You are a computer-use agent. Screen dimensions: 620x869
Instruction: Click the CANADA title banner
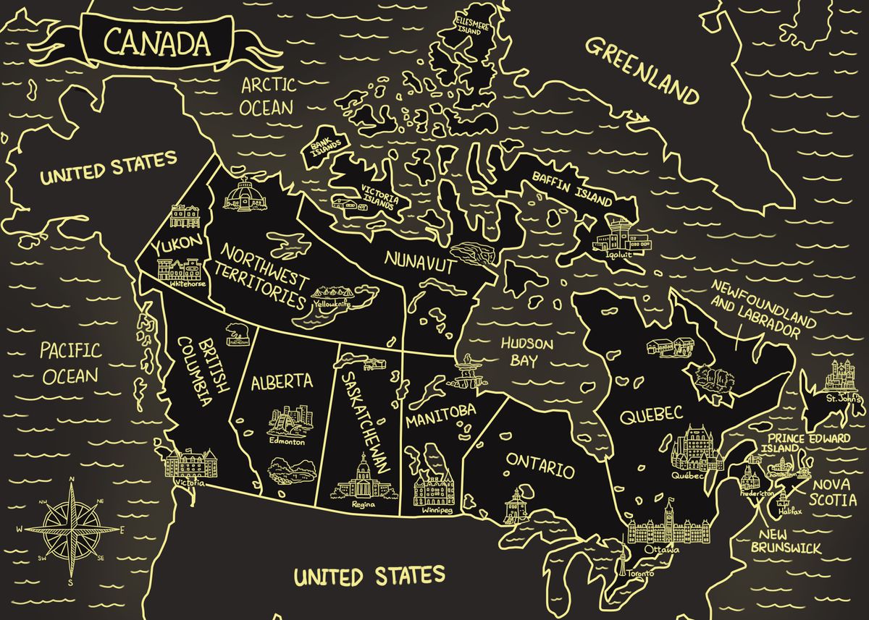[x=156, y=42]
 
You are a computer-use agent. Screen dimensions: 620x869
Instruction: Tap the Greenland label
[x=642, y=71]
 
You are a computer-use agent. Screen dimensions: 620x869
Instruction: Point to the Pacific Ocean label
[x=70, y=363]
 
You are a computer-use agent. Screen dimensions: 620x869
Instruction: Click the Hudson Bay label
[x=527, y=352]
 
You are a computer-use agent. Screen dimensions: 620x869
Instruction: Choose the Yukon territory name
[x=177, y=246]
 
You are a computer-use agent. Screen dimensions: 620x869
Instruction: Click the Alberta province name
[x=282, y=383]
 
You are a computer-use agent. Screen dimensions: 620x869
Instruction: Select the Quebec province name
[x=651, y=415]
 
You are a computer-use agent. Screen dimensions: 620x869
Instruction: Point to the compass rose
[x=72, y=529]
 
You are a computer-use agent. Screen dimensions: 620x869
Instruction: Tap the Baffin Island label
[x=572, y=187]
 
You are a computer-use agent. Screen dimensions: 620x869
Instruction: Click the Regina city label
[x=362, y=505]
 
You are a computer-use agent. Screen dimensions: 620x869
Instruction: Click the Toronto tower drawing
[x=621, y=561]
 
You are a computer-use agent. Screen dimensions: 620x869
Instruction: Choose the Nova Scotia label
[x=834, y=492]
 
